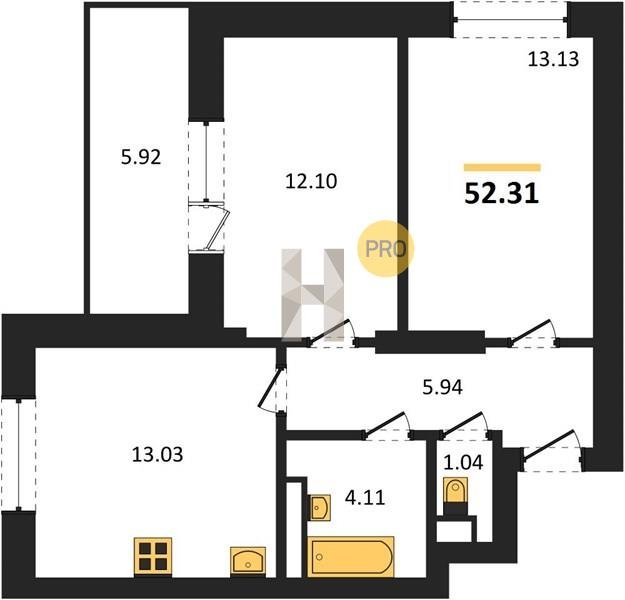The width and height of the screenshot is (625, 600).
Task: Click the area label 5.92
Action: click(x=141, y=157)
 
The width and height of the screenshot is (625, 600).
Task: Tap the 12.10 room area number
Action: click(x=311, y=181)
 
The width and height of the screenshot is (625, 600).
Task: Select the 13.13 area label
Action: click(x=553, y=59)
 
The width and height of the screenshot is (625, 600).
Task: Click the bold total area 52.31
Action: click(x=502, y=194)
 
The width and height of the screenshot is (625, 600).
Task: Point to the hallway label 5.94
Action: click(x=442, y=387)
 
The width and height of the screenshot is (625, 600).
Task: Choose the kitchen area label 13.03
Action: click(x=157, y=454)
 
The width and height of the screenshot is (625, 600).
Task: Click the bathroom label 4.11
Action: click(x=365, y=498)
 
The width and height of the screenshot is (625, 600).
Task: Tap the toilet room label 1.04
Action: click(x=463, y=462)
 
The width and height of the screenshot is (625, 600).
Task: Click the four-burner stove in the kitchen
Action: click(x=153, y=557)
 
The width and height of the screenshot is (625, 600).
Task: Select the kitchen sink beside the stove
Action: click(x=248, y=561)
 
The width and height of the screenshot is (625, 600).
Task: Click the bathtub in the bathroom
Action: click(x=351, y=557)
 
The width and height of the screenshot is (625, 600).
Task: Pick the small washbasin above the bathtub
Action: click(x=320, y=508)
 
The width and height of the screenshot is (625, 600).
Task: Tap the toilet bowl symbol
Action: click(x=456, y=493)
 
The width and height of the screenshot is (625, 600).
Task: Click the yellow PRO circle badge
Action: click(x=385, y=248)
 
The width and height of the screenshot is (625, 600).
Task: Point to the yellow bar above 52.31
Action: click(x=502, y=167)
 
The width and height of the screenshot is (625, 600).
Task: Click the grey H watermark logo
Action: click(x=313, y=295)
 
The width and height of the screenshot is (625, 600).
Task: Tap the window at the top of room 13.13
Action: click(x=511, y=20)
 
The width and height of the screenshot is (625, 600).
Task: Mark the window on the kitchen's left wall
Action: click(x=18, y=454)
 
